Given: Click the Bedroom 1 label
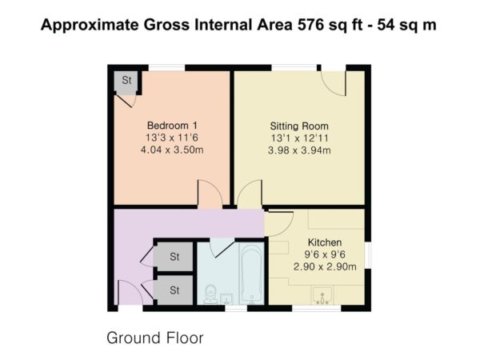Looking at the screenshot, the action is click(x=172, y=126).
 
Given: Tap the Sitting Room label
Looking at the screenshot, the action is click(x=299, y=126).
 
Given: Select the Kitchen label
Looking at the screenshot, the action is click(x=325, y=242).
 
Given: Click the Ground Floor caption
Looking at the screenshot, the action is click(x=155, y=338).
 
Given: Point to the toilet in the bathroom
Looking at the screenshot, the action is click(x=210, y=294).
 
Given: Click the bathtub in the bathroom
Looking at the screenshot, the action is click(x=252, y=274).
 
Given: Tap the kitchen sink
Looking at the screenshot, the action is click(x=322, y=295).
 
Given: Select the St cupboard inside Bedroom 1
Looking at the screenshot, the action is click(x=126, y=82).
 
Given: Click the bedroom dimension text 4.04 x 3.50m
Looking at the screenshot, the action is click(x=172, y=150).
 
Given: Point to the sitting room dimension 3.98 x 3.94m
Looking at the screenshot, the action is click(x=299, y=150).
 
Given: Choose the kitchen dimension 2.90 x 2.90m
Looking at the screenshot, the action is click(x=325, y=266).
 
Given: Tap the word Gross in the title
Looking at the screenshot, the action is click(x=167, y=25).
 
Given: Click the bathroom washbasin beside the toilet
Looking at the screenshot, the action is click(x=227, y=298).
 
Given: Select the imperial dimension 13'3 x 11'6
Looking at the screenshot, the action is click(x=172, y=138).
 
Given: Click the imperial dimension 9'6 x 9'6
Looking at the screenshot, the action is click(x=325, y=254).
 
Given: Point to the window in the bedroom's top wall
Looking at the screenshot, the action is click(x=167, y=68).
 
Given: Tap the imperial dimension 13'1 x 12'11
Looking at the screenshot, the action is click(x=299, y=138).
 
